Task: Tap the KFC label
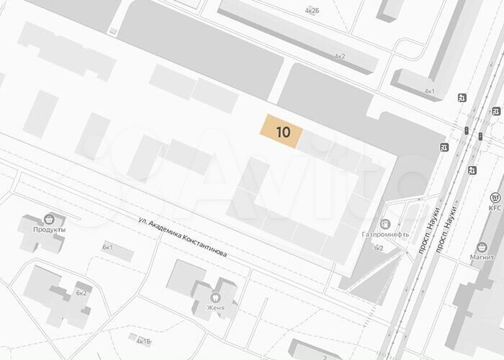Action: [x=495, y=208]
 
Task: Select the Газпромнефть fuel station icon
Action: [x=385, y=225]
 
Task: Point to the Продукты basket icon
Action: [x=49, y=218]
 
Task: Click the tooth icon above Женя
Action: [x=214, y=297]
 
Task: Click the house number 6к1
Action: [x=108, y=247]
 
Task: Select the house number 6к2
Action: [x=81, y=293]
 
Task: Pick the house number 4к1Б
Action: [x=144, y=341]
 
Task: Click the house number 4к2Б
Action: [x=312, y=12]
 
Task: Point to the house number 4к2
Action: [x=339, y=56]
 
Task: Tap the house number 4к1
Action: [x=430, y=91]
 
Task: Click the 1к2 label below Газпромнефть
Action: [x=378, y=248]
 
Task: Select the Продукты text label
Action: [x=49, y=230]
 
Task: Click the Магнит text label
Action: [x=482, y=258]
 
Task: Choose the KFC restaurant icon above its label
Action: [x=495, y=197]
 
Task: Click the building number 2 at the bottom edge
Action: [x=325, y=356]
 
